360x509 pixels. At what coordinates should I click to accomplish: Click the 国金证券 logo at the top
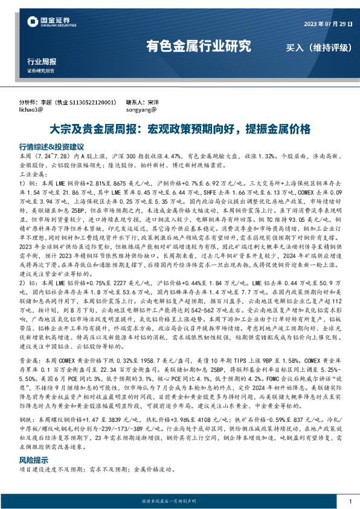[48, 22]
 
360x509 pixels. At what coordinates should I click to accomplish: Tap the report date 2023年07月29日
[326, 22]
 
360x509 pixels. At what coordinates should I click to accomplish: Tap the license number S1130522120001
[91, 103]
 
